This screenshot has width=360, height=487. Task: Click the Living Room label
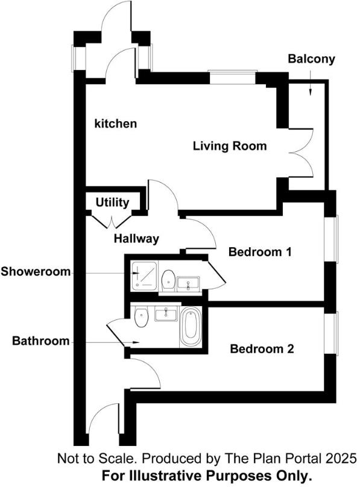coord(229,146)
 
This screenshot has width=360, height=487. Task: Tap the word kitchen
coord(116,124)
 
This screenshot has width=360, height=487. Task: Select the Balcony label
coord(311,59)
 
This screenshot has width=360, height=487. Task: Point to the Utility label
coord(112,203)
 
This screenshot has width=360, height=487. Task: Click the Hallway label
coord(136,239)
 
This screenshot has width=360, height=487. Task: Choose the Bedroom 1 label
coord(260,252)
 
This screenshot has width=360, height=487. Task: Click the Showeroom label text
coord(36,271)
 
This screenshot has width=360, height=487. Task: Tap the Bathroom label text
coord(41,341)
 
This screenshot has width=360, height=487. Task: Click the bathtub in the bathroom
coord(191,327)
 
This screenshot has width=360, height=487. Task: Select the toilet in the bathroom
coord(142,317)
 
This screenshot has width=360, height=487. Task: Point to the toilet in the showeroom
coord(168,279)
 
